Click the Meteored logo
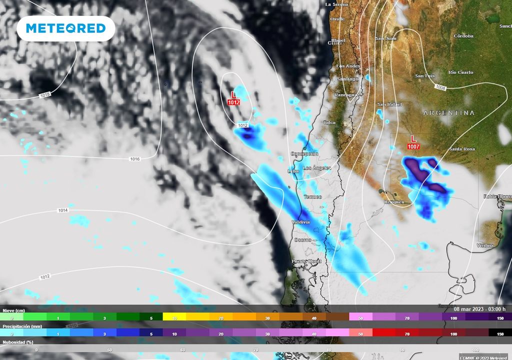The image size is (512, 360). point(65,28)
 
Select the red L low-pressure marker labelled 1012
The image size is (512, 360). point(233,98)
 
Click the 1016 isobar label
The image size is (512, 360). point(134,159)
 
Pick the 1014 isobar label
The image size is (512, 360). point(62,210)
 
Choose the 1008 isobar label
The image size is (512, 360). point(440,88)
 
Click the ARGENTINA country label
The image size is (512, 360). point(448,113)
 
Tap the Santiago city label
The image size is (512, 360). point(347,79)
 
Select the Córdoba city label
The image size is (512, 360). point(463,36)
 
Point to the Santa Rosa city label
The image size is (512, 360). point(461,149)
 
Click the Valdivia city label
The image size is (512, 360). point(300,221)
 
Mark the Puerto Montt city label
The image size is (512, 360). point(306,261)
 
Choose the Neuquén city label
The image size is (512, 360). point(394,202)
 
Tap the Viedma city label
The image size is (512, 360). point(485,245)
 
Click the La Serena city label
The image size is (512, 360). point(336,4)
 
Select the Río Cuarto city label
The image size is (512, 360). point(460,72)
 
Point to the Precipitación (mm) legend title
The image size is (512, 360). point(22,325)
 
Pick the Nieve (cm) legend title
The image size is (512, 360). point(14,310)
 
